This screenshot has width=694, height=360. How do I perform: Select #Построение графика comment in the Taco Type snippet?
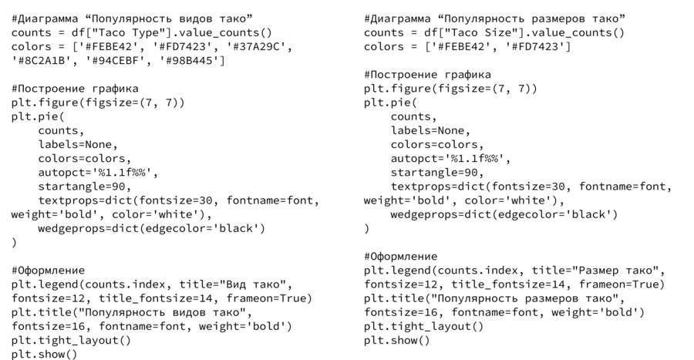pos(74,89)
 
